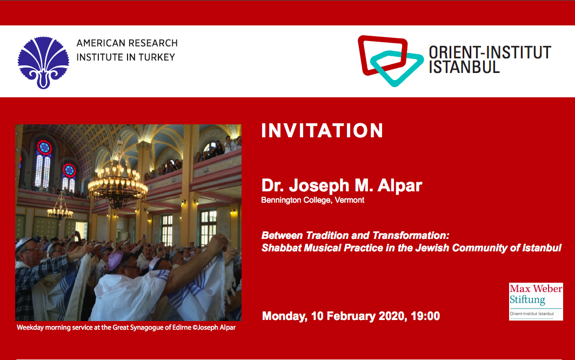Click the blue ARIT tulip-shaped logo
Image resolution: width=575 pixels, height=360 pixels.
pos(43,62)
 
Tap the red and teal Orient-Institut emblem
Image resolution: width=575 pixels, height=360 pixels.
pos(391,61)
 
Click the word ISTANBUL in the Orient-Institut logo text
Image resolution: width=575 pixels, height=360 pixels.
pos(464,67)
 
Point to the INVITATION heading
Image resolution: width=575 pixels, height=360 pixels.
pos(322,131)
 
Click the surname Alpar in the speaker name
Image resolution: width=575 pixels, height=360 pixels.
pos(400,186)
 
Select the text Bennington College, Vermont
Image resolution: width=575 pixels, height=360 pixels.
pos(313,200)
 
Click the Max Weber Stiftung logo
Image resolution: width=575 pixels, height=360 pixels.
pos(536,301)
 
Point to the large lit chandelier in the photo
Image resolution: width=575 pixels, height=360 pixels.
pos(118,182)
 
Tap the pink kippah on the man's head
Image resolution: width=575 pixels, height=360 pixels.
pos(116,260)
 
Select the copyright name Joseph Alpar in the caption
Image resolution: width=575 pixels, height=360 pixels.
pos(216,328)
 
